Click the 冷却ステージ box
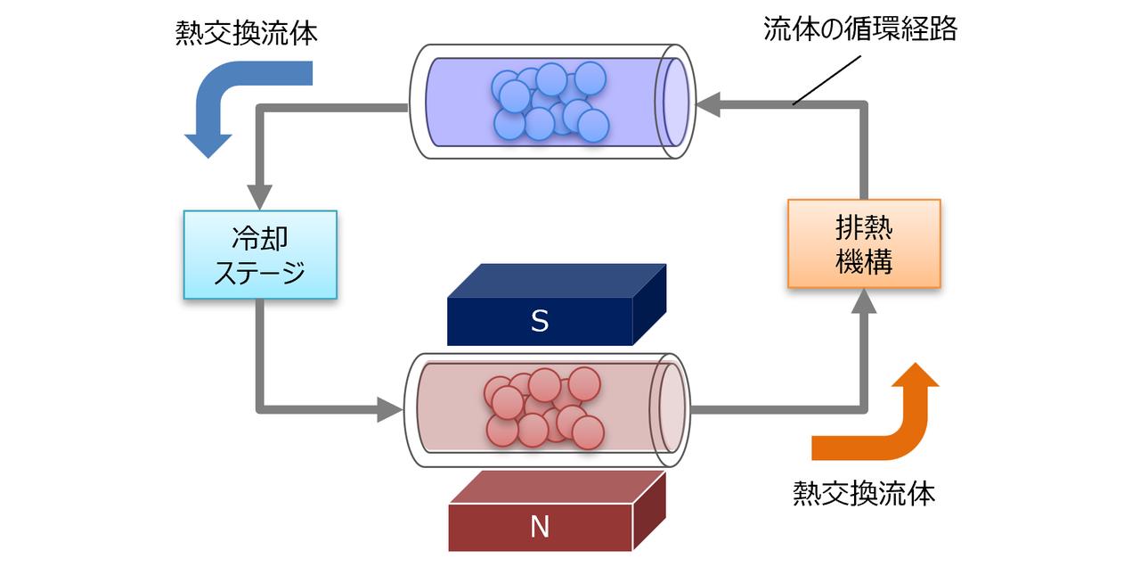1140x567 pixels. point(260,254)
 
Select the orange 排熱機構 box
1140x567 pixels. point(864,242)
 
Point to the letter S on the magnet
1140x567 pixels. point(540,322)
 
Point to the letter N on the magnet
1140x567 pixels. point(540,528)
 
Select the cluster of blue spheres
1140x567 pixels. point(550,102)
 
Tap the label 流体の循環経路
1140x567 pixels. point(860,29)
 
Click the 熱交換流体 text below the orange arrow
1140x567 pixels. point(865,493)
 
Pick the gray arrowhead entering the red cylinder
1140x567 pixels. point(389,410)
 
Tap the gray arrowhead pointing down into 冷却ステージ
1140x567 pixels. point(260,195)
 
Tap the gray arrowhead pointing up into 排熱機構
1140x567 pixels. point(864,303)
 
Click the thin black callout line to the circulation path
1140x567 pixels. point(827,80)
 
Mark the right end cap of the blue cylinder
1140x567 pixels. point(674,103)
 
